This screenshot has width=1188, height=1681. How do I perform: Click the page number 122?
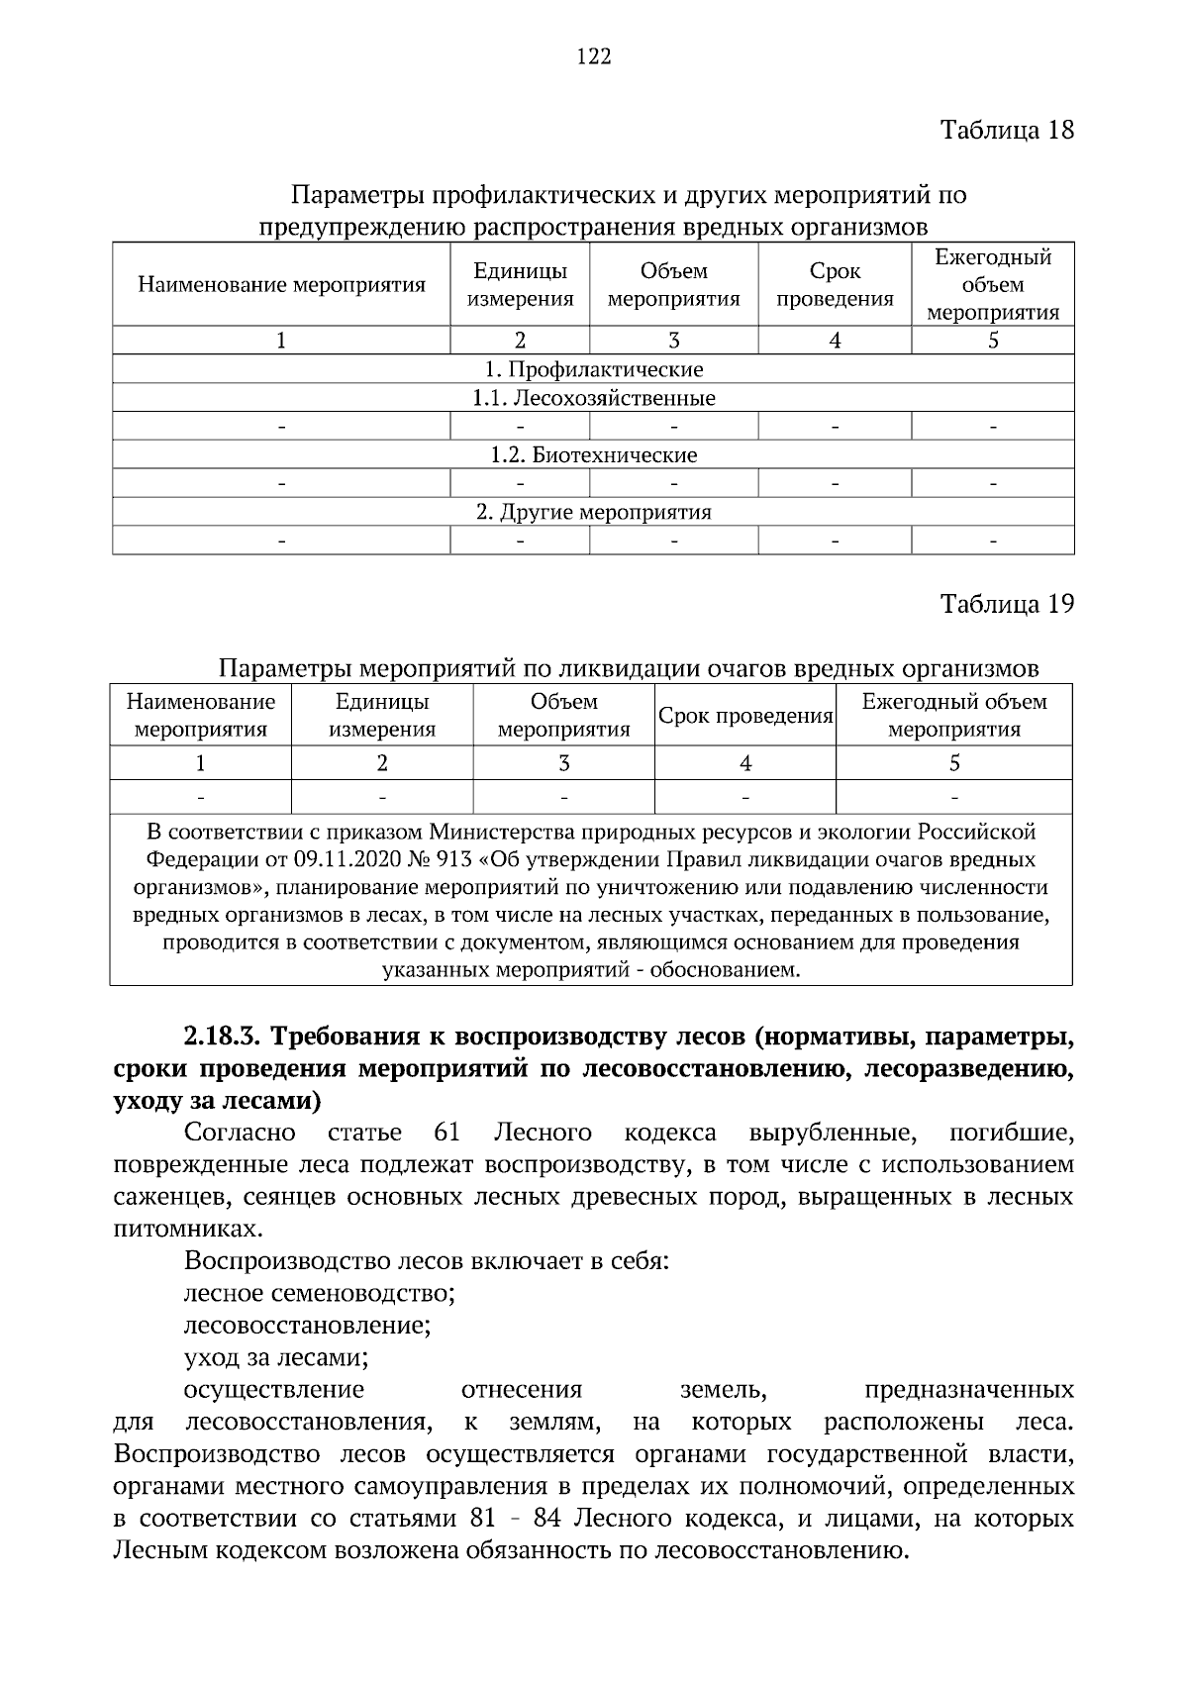594,56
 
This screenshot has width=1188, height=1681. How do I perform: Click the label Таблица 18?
1007,131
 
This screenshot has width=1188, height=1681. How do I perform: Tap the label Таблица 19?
1007,604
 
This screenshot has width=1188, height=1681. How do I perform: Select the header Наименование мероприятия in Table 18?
281,285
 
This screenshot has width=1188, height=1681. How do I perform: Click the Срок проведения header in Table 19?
745,716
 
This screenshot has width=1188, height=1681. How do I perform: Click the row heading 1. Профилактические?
594,369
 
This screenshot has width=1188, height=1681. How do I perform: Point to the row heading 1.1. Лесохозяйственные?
594,398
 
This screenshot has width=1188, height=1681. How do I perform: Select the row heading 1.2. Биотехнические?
594,455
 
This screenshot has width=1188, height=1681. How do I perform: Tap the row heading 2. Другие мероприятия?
594,512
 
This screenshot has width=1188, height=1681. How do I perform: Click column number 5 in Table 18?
993,341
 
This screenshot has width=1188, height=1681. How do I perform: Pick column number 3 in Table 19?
563,763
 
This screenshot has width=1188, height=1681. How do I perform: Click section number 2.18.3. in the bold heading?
222,1038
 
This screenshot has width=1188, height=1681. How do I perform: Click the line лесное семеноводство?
319,1293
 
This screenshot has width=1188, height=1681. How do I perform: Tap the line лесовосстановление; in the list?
307,1325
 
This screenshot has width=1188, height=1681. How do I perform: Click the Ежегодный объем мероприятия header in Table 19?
953,716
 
